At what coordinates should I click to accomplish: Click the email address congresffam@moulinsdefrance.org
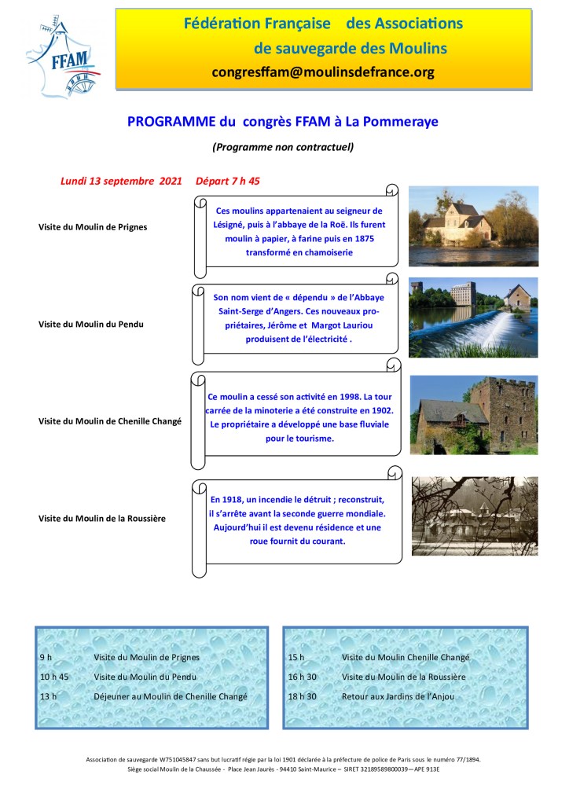coord(323,72)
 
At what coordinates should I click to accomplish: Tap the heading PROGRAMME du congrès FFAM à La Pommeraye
coord(283,122)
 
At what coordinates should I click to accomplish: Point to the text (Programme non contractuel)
coord(283,146)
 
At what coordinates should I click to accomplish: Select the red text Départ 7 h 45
coord(228,181)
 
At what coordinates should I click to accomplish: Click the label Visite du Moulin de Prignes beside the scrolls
coord(93,227)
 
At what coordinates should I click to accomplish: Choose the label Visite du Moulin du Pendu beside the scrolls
coord(91,324)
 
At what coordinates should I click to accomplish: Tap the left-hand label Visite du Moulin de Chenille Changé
coord(110,421)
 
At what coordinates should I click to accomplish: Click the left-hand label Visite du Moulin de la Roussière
coord(102,518)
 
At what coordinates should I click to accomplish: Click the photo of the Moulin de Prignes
coord(473,226)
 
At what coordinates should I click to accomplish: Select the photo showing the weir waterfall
coord(473,318)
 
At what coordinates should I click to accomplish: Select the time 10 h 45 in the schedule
coord(54,677)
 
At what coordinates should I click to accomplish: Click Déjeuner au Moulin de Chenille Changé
coord(171,696)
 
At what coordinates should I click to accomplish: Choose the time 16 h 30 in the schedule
coord(303,677)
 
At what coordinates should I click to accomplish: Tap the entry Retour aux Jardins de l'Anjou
coord(398,696)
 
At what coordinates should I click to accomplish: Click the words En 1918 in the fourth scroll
coord(227,500)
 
